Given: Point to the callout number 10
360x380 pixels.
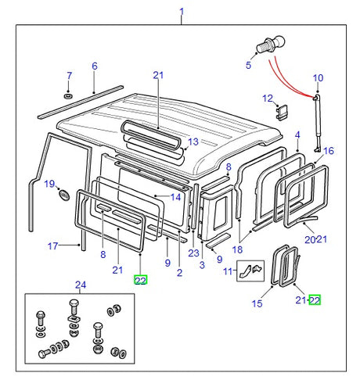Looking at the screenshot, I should point(318,77).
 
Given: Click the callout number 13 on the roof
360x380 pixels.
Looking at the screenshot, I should point(193,142).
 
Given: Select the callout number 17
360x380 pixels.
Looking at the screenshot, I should point(52,246).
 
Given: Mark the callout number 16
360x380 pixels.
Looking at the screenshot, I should point(328,151).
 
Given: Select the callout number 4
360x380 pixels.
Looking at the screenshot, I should point(297,136).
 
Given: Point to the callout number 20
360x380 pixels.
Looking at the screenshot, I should point(309,239).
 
